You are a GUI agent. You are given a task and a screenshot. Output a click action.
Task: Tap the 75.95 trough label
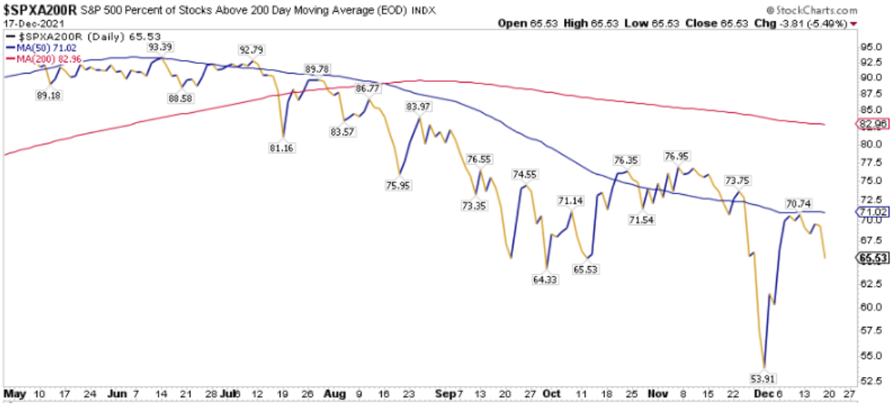coord(400,185)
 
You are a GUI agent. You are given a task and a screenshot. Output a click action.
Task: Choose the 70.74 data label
coord(799,202)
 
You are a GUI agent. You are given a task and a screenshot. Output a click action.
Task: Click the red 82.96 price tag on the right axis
coord(873,123)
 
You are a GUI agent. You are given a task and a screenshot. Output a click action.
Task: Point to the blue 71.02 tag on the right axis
coord(873,212)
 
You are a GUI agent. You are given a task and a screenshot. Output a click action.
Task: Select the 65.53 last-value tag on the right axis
coord(873,258)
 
